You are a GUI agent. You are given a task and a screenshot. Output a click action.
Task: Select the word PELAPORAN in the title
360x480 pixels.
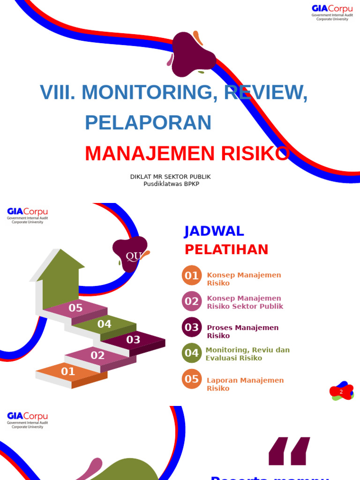(x=148, y=122)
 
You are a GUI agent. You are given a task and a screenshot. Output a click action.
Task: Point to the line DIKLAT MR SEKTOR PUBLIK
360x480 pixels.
(x=171, y=177)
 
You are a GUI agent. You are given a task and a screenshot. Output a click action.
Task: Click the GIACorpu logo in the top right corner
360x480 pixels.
(x=332, y=13)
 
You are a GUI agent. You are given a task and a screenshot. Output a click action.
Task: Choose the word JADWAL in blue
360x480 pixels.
(x=214, y=231)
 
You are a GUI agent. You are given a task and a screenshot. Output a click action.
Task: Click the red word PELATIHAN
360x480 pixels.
(x=226, y=249)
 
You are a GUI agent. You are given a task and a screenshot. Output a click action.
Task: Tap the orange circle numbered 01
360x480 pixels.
(x=192, y=276)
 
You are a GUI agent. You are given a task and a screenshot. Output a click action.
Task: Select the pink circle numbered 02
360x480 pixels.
(x=192, y=301)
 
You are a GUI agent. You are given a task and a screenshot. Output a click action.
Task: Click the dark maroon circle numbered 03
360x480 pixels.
(x=192, y=327)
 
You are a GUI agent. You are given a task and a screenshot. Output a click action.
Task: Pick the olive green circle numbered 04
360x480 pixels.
(x=192, y=353)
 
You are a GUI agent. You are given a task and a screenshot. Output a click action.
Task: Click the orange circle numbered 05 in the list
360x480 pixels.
(x=192, y=379)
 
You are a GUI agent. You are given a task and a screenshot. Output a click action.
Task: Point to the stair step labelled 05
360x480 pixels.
(x=75, y=308)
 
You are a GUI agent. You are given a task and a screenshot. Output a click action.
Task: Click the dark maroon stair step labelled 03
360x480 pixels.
(x=134, y=340)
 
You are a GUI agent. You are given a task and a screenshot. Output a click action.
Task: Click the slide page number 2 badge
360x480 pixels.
(x=341, y=391)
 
